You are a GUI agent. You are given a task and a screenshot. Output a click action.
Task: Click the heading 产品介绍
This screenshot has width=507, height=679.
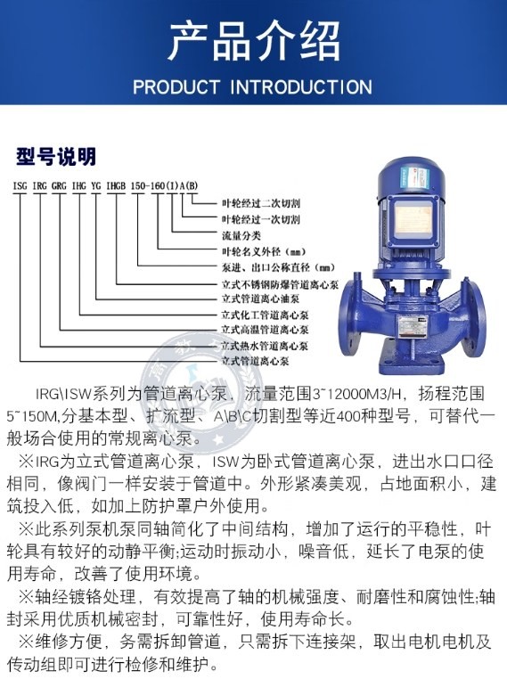click(x=254, y=43)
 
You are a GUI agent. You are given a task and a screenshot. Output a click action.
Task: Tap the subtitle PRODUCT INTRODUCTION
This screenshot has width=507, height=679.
click(x=252, y=87)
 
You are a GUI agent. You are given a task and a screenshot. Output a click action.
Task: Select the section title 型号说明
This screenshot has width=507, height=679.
click(x=56, y=156)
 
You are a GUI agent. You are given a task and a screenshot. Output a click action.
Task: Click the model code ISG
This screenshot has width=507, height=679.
click(x=20, y=185)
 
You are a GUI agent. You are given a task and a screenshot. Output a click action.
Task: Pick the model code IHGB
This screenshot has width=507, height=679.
click(x=116, y=185)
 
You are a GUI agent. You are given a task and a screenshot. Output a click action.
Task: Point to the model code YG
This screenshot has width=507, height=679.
click(x=96, y=185)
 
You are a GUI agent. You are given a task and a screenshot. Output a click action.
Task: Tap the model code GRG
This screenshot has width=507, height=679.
click(x=59, y=185)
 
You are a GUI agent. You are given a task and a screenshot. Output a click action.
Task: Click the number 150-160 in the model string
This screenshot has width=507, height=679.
click(x=148, y=185)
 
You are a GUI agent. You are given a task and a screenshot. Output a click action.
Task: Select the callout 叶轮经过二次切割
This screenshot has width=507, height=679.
click(x=261, y=203)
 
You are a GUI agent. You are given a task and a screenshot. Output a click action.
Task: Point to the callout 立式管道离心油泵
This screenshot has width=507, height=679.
click(x=261, y=299)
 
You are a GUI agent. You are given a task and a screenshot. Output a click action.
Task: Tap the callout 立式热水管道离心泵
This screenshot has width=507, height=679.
click(x=265, y=346)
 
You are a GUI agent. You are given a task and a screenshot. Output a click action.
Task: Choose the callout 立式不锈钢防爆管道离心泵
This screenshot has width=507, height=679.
click(x=280, y=283)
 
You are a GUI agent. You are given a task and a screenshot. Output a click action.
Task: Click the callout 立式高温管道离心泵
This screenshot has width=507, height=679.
click(x=265, y=330)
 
